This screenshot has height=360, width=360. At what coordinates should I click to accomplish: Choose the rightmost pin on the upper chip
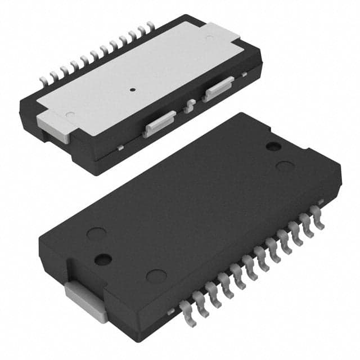coord(150,26)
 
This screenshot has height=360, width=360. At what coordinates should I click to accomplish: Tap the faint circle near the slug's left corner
coord(70,115)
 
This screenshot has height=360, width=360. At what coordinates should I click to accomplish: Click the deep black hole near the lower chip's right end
coord(273,146)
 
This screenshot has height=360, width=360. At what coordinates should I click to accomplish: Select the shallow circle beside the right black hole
coord(286,166)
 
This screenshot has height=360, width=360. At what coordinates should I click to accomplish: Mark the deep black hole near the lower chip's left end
coord(103,259)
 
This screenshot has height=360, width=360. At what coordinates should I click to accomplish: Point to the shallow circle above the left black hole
coord(97,233)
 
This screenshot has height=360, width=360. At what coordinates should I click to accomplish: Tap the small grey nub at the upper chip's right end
coord(244,74)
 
